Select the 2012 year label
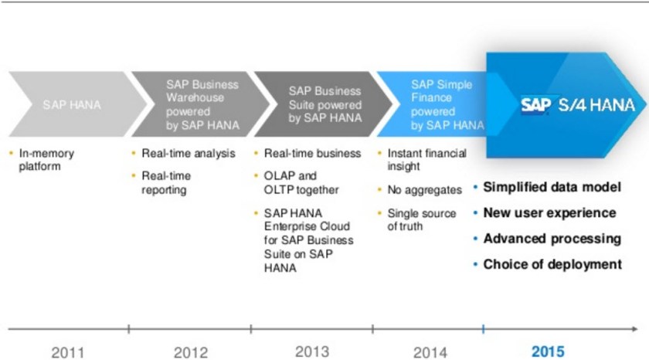(190, 352)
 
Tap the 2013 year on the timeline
(312, 351)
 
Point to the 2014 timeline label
(430, 352)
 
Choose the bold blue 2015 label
(548, 351)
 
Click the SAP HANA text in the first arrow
(66, 104)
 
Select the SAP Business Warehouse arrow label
(202, 104)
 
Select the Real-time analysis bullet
(188, 153)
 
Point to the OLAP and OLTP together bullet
(301, 183)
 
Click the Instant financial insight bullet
(426, 159)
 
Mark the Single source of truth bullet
(421, 219)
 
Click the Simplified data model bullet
(552, 188)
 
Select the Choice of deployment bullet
(552, 264)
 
